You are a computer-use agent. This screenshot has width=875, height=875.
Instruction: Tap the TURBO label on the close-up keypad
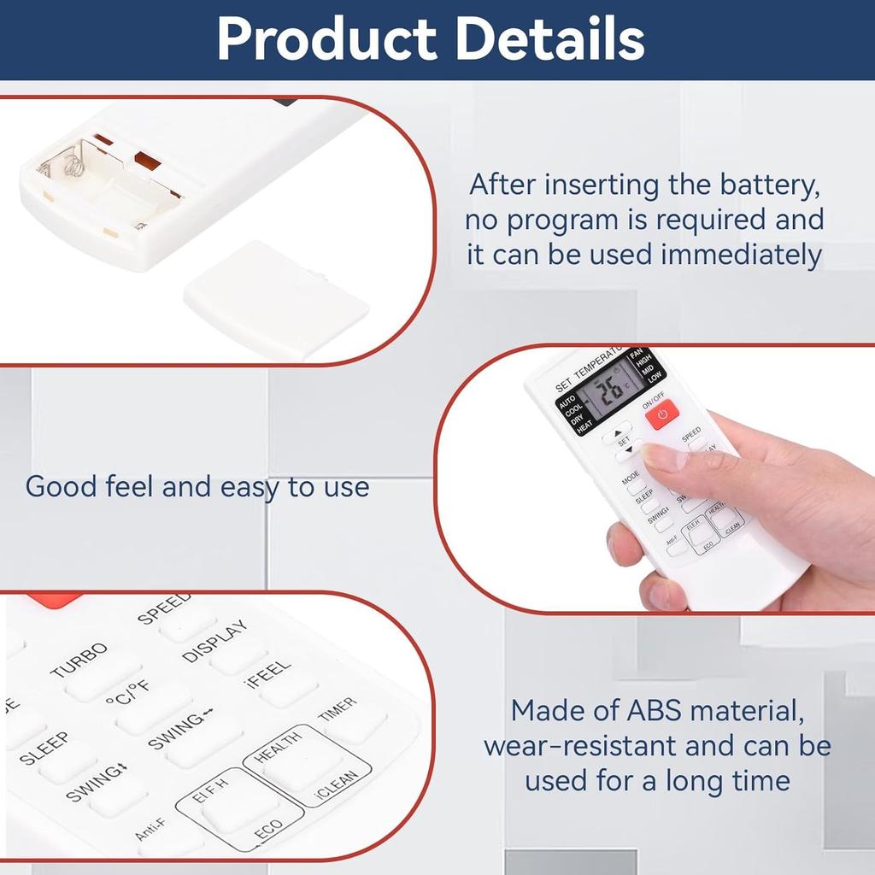(79, 660)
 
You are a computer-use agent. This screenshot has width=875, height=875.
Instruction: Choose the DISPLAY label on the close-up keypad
(214, 641)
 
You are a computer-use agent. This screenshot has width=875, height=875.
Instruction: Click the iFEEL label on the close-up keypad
(267, 675)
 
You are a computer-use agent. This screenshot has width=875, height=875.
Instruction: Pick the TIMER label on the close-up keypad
(338, 709)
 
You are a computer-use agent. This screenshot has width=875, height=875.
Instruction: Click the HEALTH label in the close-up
(278, 746)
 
